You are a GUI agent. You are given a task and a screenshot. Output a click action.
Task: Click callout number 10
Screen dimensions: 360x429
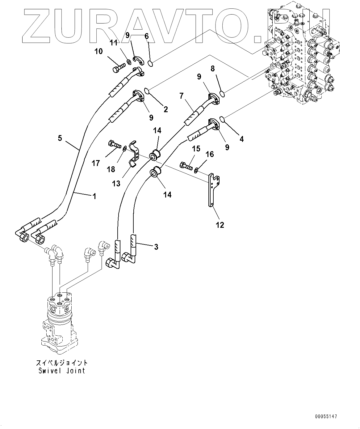point(98,51)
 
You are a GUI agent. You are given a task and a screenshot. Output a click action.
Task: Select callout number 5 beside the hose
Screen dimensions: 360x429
point(60,138)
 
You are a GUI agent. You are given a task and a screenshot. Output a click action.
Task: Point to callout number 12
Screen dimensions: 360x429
point(220,225)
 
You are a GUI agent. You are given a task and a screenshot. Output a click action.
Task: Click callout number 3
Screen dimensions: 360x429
point(156,247)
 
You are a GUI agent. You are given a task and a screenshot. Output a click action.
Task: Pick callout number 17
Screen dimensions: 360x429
point(96,163)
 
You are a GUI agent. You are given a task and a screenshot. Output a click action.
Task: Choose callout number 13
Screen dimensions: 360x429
point(116,184)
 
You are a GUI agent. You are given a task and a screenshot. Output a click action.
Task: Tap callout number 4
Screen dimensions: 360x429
point(241,139)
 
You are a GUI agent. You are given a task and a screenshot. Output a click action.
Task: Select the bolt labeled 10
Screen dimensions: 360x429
point(119,68)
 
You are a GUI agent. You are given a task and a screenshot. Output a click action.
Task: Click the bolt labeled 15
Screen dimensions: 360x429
point(186,166)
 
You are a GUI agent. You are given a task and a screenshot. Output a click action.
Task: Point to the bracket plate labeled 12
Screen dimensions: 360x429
point(214,190)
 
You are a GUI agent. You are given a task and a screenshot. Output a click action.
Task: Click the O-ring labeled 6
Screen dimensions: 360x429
point(151,63)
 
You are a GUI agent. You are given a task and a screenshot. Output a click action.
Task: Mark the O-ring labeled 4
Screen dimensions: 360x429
point(222,119)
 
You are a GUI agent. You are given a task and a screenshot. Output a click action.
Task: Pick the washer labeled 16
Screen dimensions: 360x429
point(196,170)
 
